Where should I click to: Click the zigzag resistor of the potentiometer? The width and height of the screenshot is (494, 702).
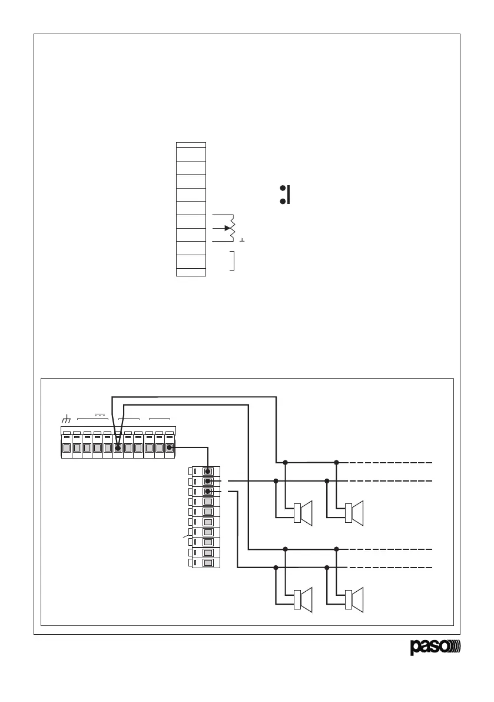click(x=234, y=228)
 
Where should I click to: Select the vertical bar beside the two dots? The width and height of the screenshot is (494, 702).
click(x=289, y=195)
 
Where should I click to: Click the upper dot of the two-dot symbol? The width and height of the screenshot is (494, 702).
click(x=283, y=189)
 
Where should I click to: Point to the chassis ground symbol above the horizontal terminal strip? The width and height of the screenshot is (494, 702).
click(x=66, y=420)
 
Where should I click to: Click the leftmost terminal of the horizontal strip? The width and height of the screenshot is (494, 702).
click(x=67, y=448)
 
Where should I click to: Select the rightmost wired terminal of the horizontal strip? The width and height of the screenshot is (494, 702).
click(x=169, y=448)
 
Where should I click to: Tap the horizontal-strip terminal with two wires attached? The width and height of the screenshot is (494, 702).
click(x=118, y=448)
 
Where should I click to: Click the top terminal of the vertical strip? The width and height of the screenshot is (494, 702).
click(x=208, y=471)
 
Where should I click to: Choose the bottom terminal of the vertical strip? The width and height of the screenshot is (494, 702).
click(x=208, y=563)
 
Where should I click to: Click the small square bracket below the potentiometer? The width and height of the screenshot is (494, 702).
click(x=233, y=261)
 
